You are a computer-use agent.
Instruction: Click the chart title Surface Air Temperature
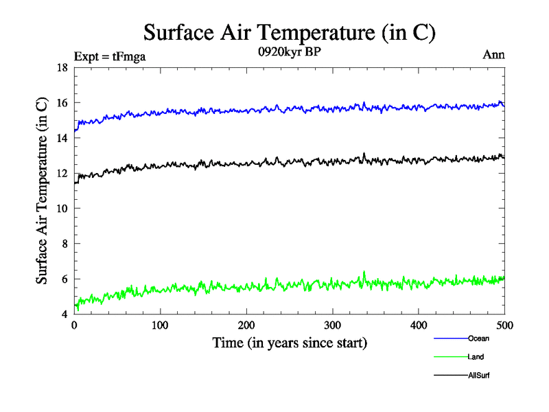(x=289, y=32)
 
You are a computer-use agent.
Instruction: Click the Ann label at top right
(x=494, y=55)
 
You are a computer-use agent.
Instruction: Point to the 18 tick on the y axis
(x=61, y=67)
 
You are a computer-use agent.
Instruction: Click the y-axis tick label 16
(x=61, y=103)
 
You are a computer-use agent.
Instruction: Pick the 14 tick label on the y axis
(x=61, y=138)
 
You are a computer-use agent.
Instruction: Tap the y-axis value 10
(x=61, y=209)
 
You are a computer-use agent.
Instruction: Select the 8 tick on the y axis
(x=64, y=244)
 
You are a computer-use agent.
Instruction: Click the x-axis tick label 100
(x=160, y=325)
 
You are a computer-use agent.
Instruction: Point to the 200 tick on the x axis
(x=246, y=325)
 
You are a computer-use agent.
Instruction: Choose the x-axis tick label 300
(x=332, y=325)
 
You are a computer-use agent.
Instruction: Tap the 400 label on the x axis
(x=419, y=325)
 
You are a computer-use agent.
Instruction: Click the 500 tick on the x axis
(x=504, y=325)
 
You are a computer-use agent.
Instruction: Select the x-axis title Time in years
(x=289, y=343)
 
